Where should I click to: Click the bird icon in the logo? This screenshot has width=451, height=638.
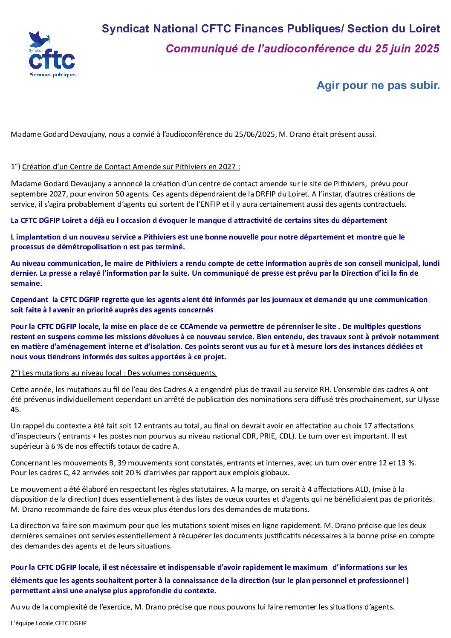(40, 39)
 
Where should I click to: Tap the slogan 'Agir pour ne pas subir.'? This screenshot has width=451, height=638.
(378, 85)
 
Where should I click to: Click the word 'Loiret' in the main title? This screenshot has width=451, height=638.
(425, 29)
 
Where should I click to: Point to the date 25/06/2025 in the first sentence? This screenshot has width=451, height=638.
(254, 134)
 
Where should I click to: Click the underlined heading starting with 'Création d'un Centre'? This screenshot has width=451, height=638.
(131, 167)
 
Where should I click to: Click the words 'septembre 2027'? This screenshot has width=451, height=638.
(34, 194)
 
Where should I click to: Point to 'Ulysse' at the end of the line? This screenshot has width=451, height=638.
(428, 400)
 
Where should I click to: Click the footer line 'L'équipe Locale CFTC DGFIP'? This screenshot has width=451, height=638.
(49, 623)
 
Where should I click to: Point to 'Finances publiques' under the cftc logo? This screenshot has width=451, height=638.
(53, 75)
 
